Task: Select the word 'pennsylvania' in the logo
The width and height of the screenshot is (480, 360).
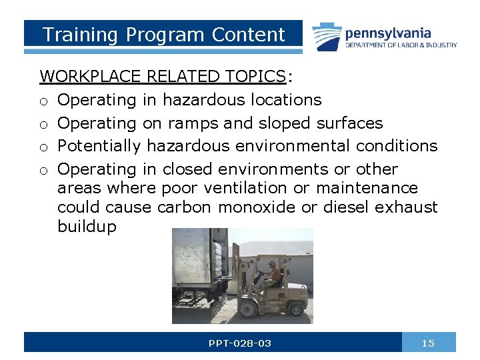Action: [388, 33]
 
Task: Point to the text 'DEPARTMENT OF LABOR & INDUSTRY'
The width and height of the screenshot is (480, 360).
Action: [401, 45]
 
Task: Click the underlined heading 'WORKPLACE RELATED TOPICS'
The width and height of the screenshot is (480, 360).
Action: [163, 77]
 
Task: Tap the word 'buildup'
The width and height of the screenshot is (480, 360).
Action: [87, 227]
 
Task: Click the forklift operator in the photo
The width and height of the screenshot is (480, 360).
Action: [271, 273]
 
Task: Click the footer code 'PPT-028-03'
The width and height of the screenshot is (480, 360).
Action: [240, 343]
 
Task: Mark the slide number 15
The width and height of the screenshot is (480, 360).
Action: [428, 343]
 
